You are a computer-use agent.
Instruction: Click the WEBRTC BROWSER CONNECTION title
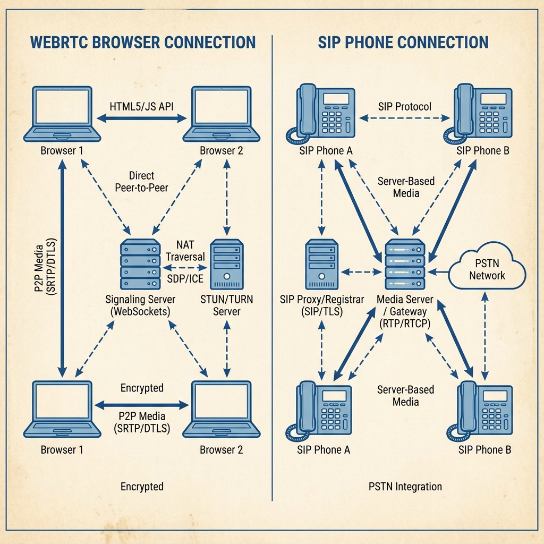(x=143, y=42)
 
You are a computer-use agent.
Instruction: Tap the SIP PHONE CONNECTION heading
(x=403, y=42)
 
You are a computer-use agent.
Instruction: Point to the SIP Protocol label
(x=405, y=106)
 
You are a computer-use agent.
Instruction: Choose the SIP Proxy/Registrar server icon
(x=322, y=265)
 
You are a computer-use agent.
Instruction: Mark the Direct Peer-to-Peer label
(x=141, y=181)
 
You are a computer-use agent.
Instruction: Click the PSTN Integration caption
(x=405, y=486)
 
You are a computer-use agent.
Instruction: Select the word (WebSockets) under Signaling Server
(x=140, y=312)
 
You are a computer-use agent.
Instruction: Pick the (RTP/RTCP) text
(x=405, y=324)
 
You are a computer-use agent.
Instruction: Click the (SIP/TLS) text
(x=321, y=312)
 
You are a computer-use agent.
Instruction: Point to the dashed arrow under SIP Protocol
(x=405, y=119)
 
